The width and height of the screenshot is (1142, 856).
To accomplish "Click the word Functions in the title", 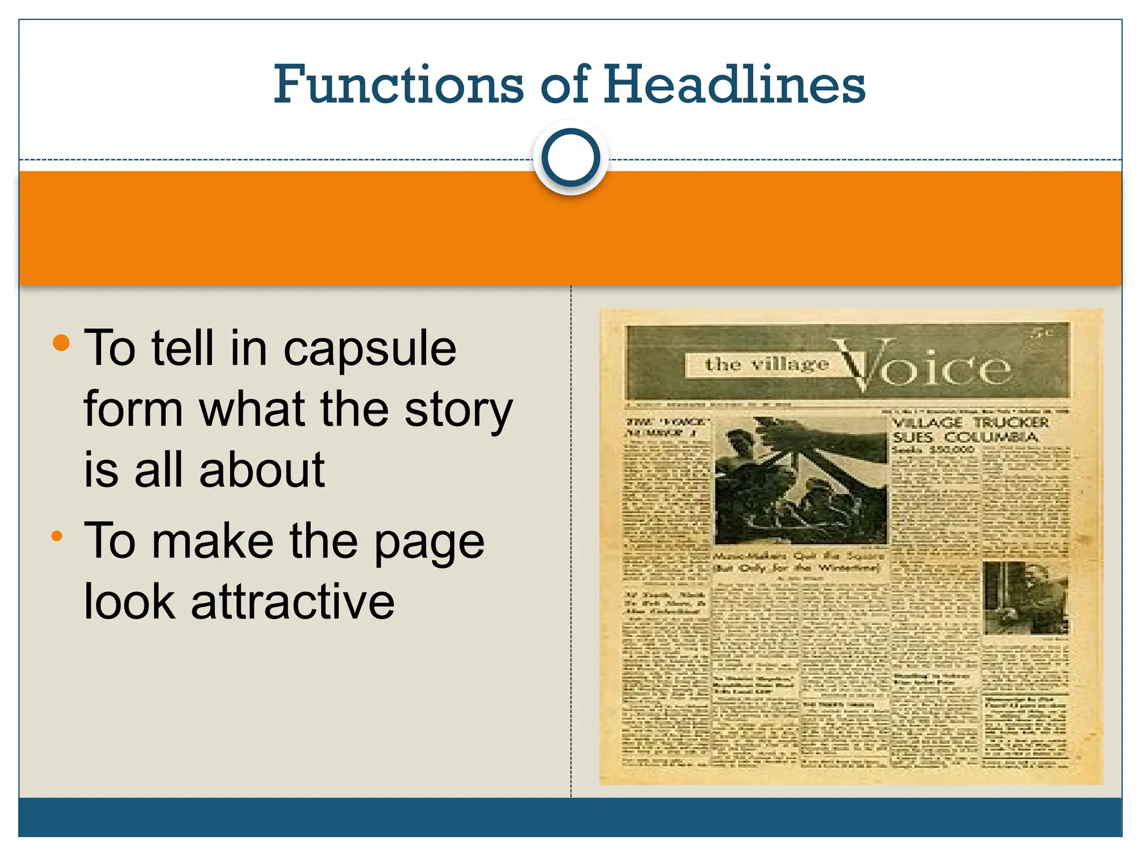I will click(398, 85).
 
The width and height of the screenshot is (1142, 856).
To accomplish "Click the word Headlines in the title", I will click(734, 85).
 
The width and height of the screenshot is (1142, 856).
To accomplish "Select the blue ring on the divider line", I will click(570, 158).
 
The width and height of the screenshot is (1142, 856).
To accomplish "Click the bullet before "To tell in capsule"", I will click(61, 343).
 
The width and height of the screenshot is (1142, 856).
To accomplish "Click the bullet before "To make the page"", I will click(57, 537).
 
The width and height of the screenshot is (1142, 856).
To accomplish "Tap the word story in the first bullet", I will click(458, 410).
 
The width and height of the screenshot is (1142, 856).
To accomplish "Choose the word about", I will click(262, 470).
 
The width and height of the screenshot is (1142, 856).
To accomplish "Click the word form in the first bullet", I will click(134, 410).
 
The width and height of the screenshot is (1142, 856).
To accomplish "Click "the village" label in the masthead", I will click(766, 364).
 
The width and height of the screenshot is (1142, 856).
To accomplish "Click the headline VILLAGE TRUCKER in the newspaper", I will click(970, 423).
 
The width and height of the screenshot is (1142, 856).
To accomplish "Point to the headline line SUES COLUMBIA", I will click(965, 437).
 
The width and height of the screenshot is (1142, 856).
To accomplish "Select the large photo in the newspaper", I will click(801, 480).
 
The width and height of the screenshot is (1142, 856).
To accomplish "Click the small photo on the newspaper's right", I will click(1025, 597).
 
